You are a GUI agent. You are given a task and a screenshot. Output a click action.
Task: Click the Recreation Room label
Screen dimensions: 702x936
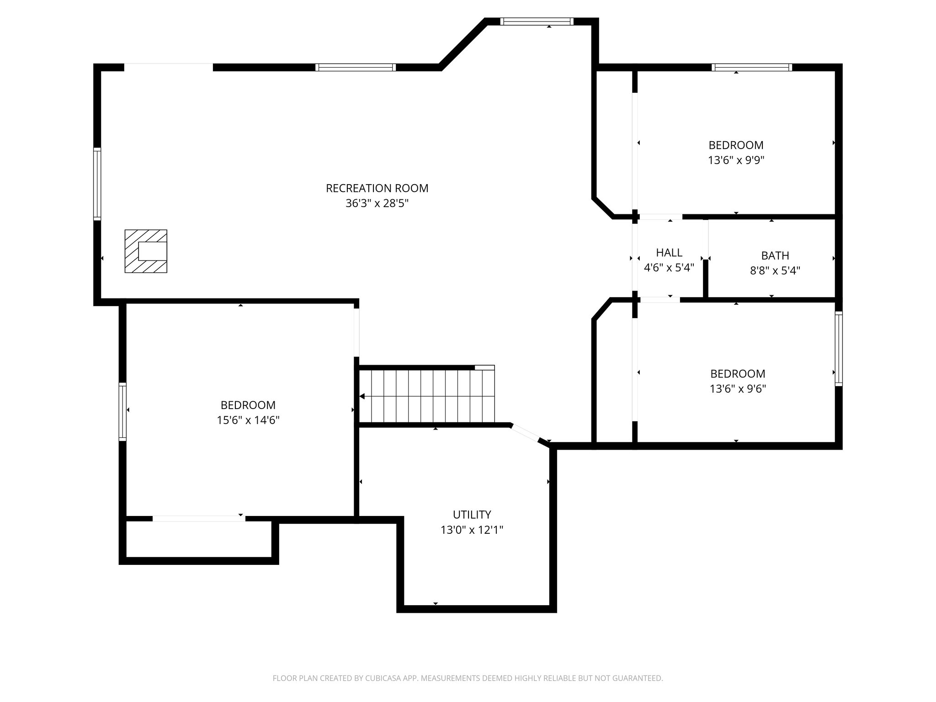pos(377,188)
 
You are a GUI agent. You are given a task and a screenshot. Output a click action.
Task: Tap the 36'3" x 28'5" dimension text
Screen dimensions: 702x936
pos(377,203)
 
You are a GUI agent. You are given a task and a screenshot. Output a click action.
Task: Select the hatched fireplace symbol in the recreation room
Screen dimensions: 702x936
pos(146,251)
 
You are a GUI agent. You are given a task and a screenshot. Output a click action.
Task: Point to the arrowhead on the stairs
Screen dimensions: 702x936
pos(362,396)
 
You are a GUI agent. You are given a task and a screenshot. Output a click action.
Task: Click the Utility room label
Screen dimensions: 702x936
pos(472,515)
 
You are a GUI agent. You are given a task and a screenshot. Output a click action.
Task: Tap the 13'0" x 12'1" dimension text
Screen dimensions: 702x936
pos(472,530)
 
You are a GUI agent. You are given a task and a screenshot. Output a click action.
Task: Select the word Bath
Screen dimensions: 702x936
pos(775,255)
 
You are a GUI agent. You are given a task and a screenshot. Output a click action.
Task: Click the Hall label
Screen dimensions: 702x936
pos(669,253)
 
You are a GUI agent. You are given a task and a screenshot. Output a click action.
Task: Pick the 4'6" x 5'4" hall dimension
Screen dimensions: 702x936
pos(669,268)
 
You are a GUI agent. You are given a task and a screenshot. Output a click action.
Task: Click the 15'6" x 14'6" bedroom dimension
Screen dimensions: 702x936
pos(248,420)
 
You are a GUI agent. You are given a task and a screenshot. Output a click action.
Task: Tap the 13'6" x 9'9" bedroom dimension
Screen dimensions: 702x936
pos(736,160)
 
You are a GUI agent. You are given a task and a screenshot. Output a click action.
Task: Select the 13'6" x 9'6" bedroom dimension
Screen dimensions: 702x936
pos(738,389)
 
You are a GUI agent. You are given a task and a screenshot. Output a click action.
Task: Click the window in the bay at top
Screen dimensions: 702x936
pos(537,21)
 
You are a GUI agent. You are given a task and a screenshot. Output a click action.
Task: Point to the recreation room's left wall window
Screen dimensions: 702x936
pos(97,184)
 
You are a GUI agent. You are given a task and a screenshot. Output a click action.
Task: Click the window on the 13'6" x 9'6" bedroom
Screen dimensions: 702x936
pos(839,349)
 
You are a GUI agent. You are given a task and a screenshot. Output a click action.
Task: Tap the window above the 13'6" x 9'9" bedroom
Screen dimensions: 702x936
pos(752,68)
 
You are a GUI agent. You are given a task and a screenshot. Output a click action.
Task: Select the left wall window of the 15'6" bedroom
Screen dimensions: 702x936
pos(122,411)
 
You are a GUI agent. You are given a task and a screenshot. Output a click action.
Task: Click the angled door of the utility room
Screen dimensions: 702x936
pos(525,433)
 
